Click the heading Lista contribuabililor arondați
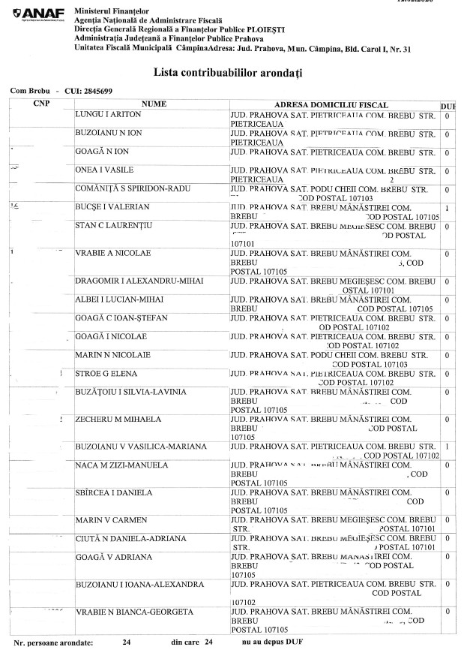232,73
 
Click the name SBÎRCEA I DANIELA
115,492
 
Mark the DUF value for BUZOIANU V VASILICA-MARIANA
446,447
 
